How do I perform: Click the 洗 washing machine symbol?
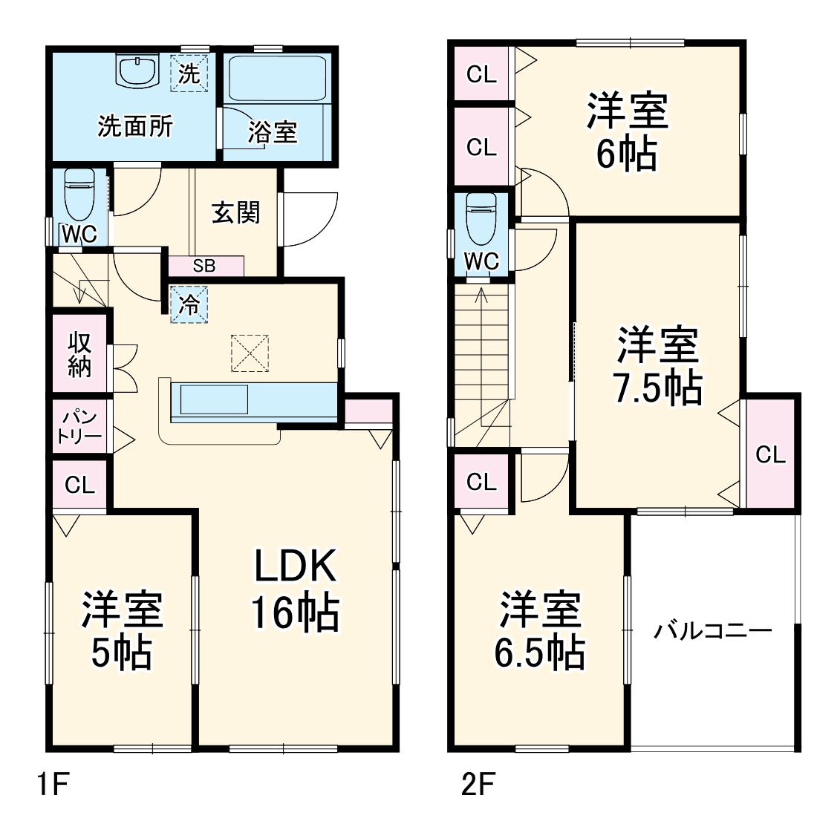pyautogui.click(x=189, y=73)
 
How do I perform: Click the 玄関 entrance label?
pyautogui.click(x=236, y=212)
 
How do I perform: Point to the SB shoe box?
pyautogui.click(x=205, y=266)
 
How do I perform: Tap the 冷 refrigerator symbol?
pyautogui.click(x=189, y=304)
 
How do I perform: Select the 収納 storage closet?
pyautogui.click(x=79, y=354)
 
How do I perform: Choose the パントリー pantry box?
pyautogui.click(x=79, y=426)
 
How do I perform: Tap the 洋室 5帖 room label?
pyautogui.click(x=122, y=631)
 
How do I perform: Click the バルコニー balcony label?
pyautogui.click(x=713, y=632)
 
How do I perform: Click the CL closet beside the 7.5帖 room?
pyautogui.click(x=770, y=454)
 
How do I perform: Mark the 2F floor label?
pyautogui.click(x=478, y=785)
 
